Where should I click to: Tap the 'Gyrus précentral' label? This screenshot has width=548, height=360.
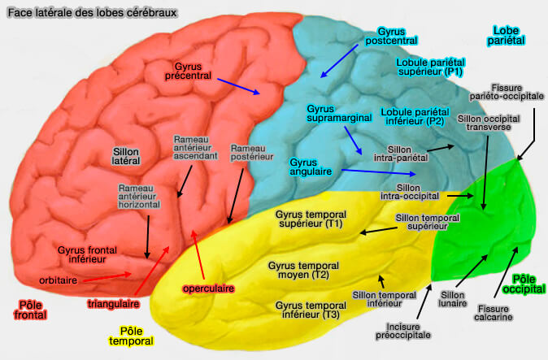click(193, 70)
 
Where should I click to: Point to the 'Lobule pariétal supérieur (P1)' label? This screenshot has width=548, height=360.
click(429, 67)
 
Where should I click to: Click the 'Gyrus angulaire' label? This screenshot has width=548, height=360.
click(312, 167)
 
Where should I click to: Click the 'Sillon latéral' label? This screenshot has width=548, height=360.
click(126, 156)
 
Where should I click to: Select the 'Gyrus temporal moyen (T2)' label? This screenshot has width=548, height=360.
click(298, 271)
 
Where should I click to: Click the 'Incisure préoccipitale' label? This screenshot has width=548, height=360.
click(403, 329)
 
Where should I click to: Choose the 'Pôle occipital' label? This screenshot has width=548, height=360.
click(520, 284)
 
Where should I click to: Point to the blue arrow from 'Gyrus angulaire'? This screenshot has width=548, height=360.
click(379, 172)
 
